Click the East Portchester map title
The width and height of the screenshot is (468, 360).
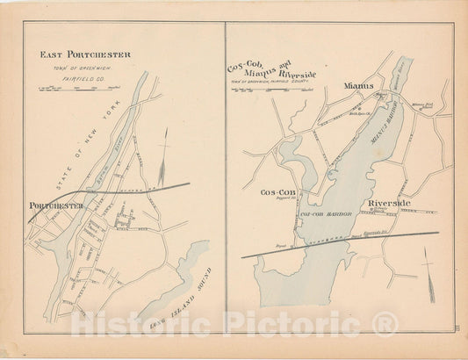85,54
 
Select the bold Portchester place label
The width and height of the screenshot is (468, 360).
56,205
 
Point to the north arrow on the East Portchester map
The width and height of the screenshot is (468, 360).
163,148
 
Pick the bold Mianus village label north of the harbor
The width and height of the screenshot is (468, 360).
358,86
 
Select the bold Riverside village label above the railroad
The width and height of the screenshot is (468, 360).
390,203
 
